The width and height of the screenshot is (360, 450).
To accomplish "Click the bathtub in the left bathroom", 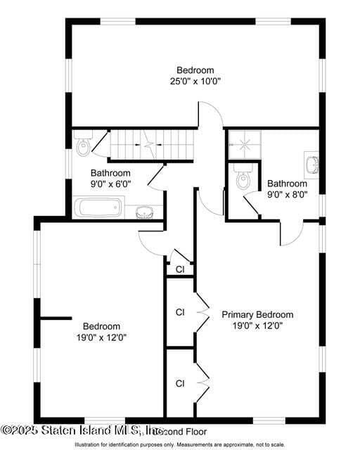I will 99,207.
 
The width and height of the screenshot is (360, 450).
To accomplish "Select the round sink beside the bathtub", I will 144,212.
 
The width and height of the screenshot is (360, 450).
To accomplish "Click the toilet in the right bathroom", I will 243,181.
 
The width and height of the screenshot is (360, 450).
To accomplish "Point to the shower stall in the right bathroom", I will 243,146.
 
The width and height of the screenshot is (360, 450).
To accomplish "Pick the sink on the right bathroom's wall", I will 313,165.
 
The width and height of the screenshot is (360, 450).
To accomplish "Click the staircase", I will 149,146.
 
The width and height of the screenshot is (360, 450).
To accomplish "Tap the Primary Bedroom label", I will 257,314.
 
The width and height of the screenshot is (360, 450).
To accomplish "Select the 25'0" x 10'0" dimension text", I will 195,81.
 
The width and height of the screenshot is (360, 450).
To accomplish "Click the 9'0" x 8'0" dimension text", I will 287,195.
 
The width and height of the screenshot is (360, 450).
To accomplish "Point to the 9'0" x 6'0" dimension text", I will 111,184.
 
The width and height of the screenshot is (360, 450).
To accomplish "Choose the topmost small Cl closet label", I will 180,269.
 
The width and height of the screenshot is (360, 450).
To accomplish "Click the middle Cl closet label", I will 180,311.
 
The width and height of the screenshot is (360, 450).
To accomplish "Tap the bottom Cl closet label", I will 180,383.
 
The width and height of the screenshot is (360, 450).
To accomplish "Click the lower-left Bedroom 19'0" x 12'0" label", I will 102,331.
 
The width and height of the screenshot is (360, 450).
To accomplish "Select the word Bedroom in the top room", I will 195,70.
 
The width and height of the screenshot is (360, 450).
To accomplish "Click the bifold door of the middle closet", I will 202,312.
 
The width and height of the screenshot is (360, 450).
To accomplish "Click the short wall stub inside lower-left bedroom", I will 56,319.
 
